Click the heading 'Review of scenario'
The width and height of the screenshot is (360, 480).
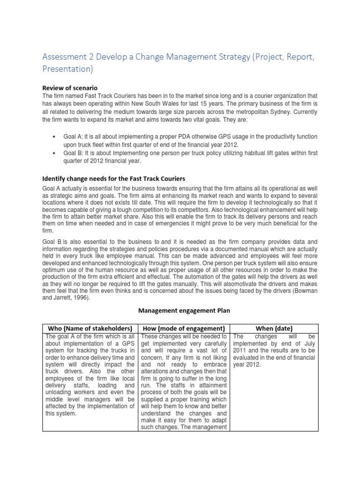point(70,87)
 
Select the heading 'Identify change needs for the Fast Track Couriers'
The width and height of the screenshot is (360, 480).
point(114,179)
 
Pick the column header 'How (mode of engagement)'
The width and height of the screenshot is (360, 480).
point(185,328)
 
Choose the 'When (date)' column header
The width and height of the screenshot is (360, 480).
point(274,328)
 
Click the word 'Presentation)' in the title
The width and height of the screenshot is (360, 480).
point(68,69)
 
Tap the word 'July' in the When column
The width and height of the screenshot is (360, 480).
point(310,343)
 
